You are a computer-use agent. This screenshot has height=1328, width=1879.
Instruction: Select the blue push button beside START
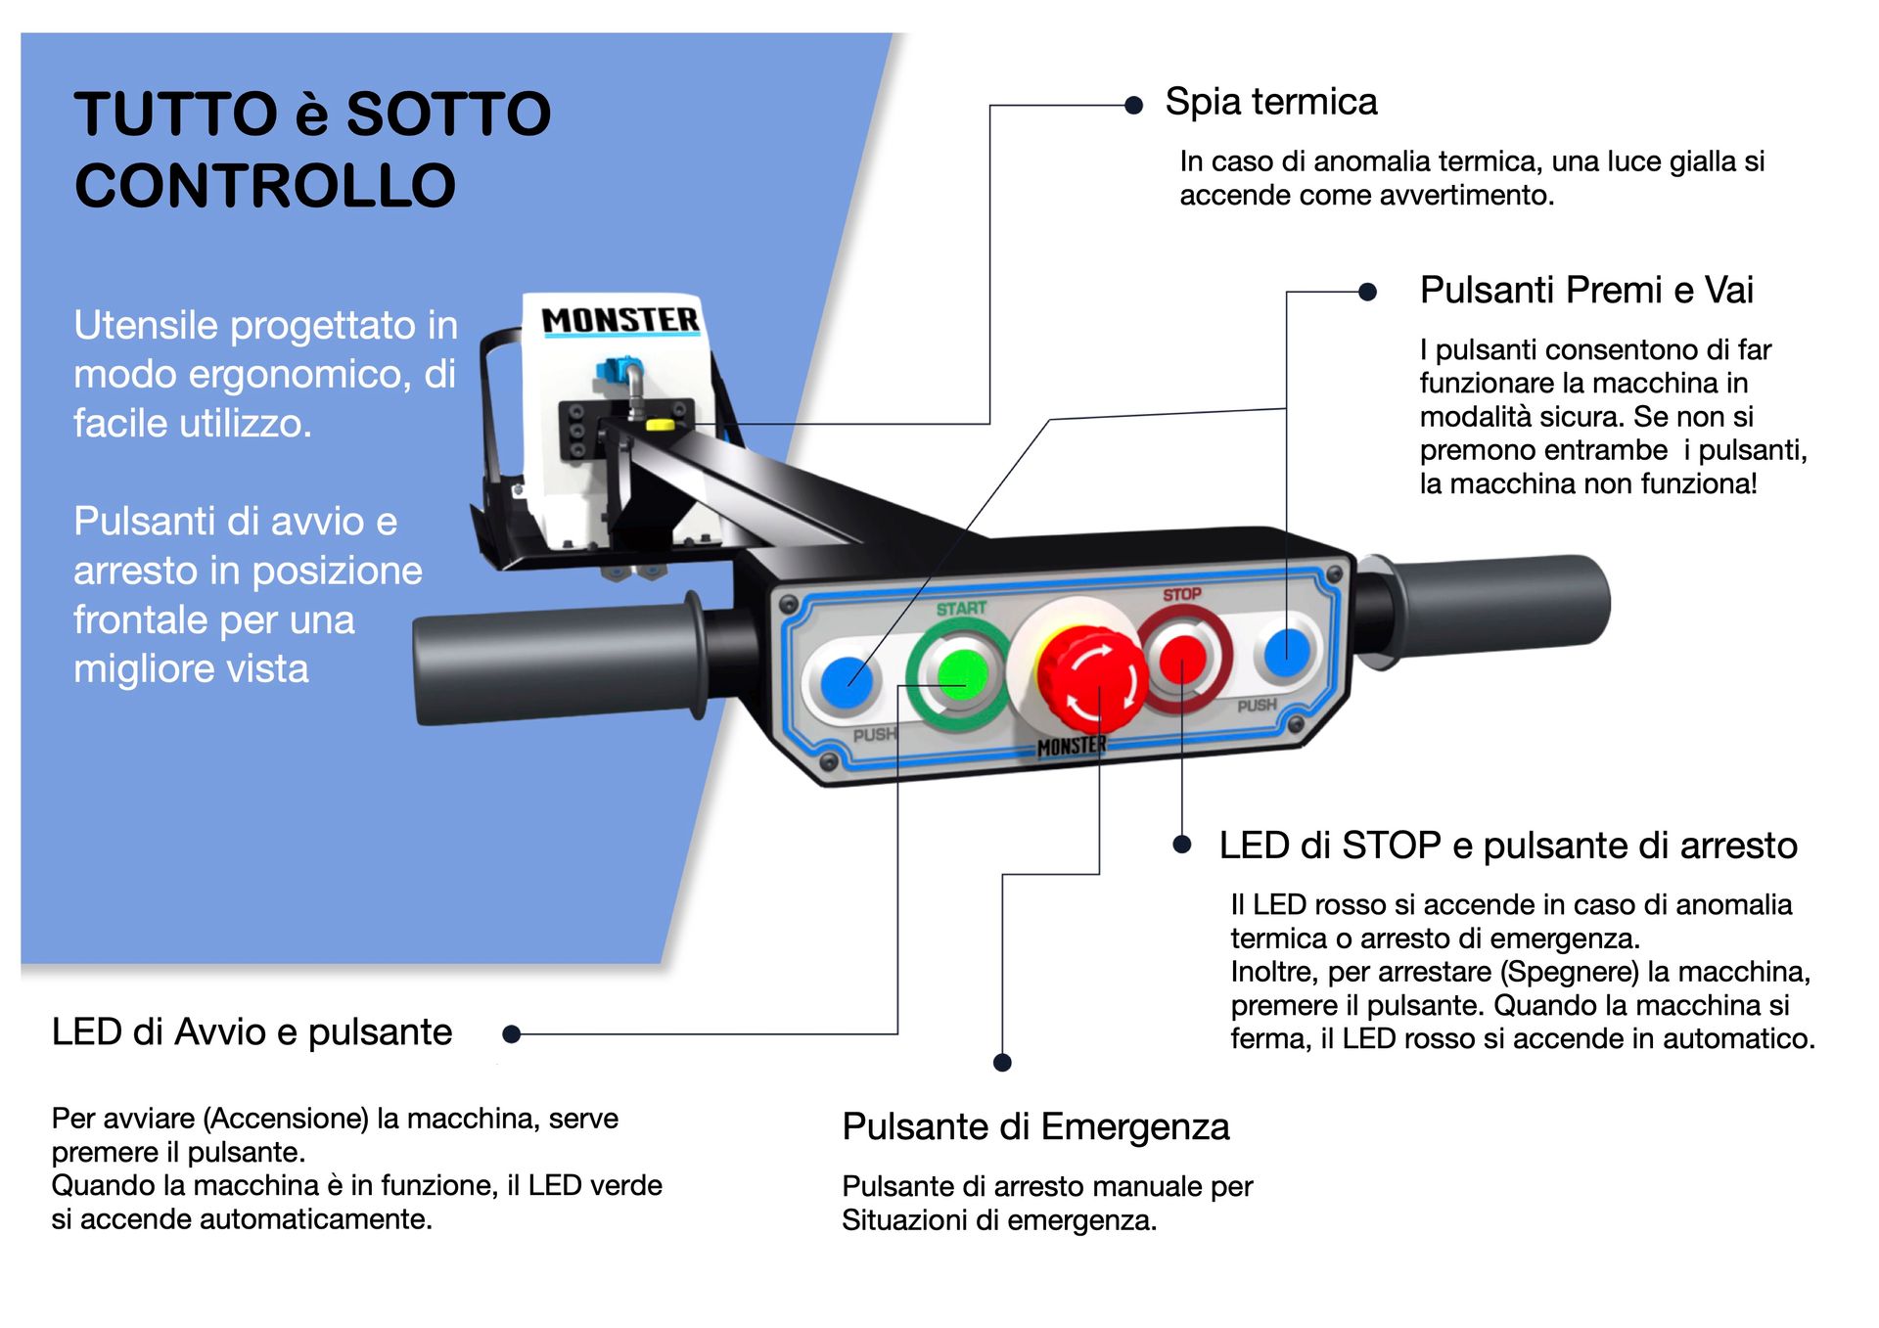coord(847,681)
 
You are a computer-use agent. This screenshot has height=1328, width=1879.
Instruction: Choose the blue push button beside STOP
coord(1286,652)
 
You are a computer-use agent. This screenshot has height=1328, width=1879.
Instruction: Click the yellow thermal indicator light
coord(660,425)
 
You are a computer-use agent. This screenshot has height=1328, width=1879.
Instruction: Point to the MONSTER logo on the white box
coord(620,320)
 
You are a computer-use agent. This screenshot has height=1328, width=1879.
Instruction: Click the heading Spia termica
coord(1270,102)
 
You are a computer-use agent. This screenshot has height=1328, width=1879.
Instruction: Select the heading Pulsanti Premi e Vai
coord(1585,291)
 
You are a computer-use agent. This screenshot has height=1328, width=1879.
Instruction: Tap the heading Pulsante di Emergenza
coord(1035,1126)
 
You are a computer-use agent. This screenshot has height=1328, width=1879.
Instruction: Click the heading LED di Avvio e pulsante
coord(252,1032)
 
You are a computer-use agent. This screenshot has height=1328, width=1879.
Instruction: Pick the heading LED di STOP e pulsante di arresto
coord(1507,846)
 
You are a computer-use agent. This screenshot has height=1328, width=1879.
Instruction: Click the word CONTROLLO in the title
coord(265,186)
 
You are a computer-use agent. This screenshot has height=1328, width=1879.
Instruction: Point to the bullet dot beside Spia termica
coord(1133,106)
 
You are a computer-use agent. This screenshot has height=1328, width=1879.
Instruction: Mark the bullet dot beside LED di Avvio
coord(511,1033)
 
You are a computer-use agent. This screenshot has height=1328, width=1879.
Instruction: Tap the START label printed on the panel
coord(961,609)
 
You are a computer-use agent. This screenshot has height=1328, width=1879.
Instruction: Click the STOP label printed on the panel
coord(1181,594)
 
